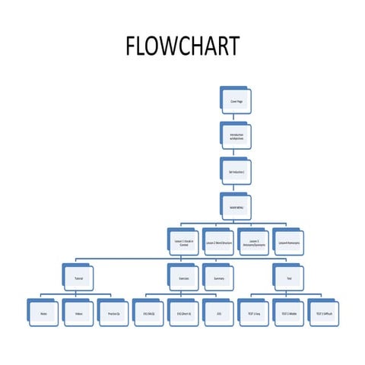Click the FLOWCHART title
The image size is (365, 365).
pos(182,46)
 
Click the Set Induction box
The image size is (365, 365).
pos(236,172)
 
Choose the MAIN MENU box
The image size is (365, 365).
pos(236,207)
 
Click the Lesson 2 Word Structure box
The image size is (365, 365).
pos(219,242)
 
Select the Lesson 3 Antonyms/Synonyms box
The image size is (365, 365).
pos(254,242)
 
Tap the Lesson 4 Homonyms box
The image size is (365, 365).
pos(289,242)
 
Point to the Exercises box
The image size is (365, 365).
pos(184,278)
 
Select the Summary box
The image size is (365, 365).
pos(219,278)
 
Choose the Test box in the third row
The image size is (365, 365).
pos(289,278)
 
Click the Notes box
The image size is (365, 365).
pos(44,313)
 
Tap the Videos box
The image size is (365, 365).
pos(79,313)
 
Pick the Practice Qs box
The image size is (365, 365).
pos(114,313)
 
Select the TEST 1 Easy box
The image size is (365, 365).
pos(254,313)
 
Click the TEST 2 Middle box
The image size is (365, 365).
pos(289,313)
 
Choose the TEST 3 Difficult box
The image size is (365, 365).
pos(324,313)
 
